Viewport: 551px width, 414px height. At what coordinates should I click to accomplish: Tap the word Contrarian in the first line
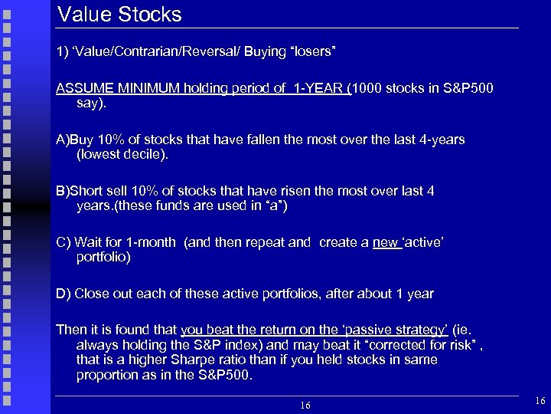pos(135,51)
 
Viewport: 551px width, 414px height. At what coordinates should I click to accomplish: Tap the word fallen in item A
pos(259,140)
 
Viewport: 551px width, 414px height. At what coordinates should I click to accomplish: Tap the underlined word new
pos(385,242)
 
